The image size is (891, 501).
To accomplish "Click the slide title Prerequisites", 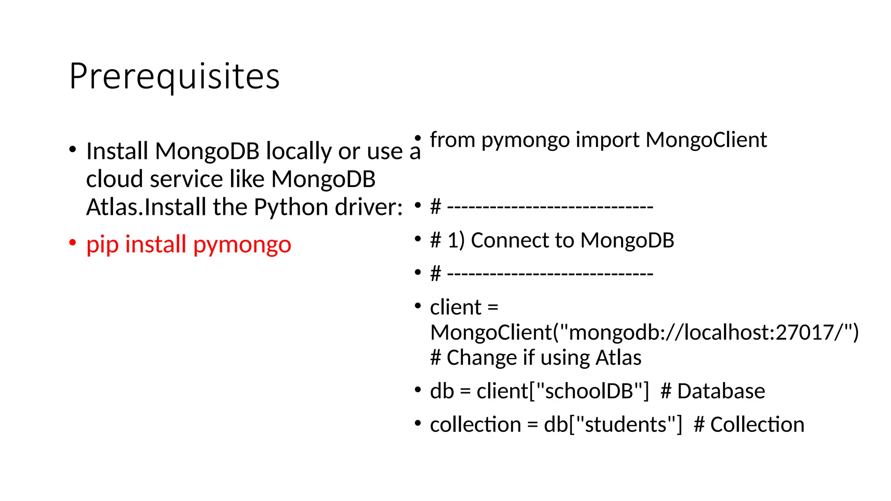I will click(174, 77).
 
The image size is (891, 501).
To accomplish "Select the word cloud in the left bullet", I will click(114, 179).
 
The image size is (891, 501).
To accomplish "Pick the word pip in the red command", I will click(102, 244).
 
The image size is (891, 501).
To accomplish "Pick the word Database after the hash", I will click(721, 391).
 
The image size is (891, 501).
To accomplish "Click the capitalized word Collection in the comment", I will click(757, 425).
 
